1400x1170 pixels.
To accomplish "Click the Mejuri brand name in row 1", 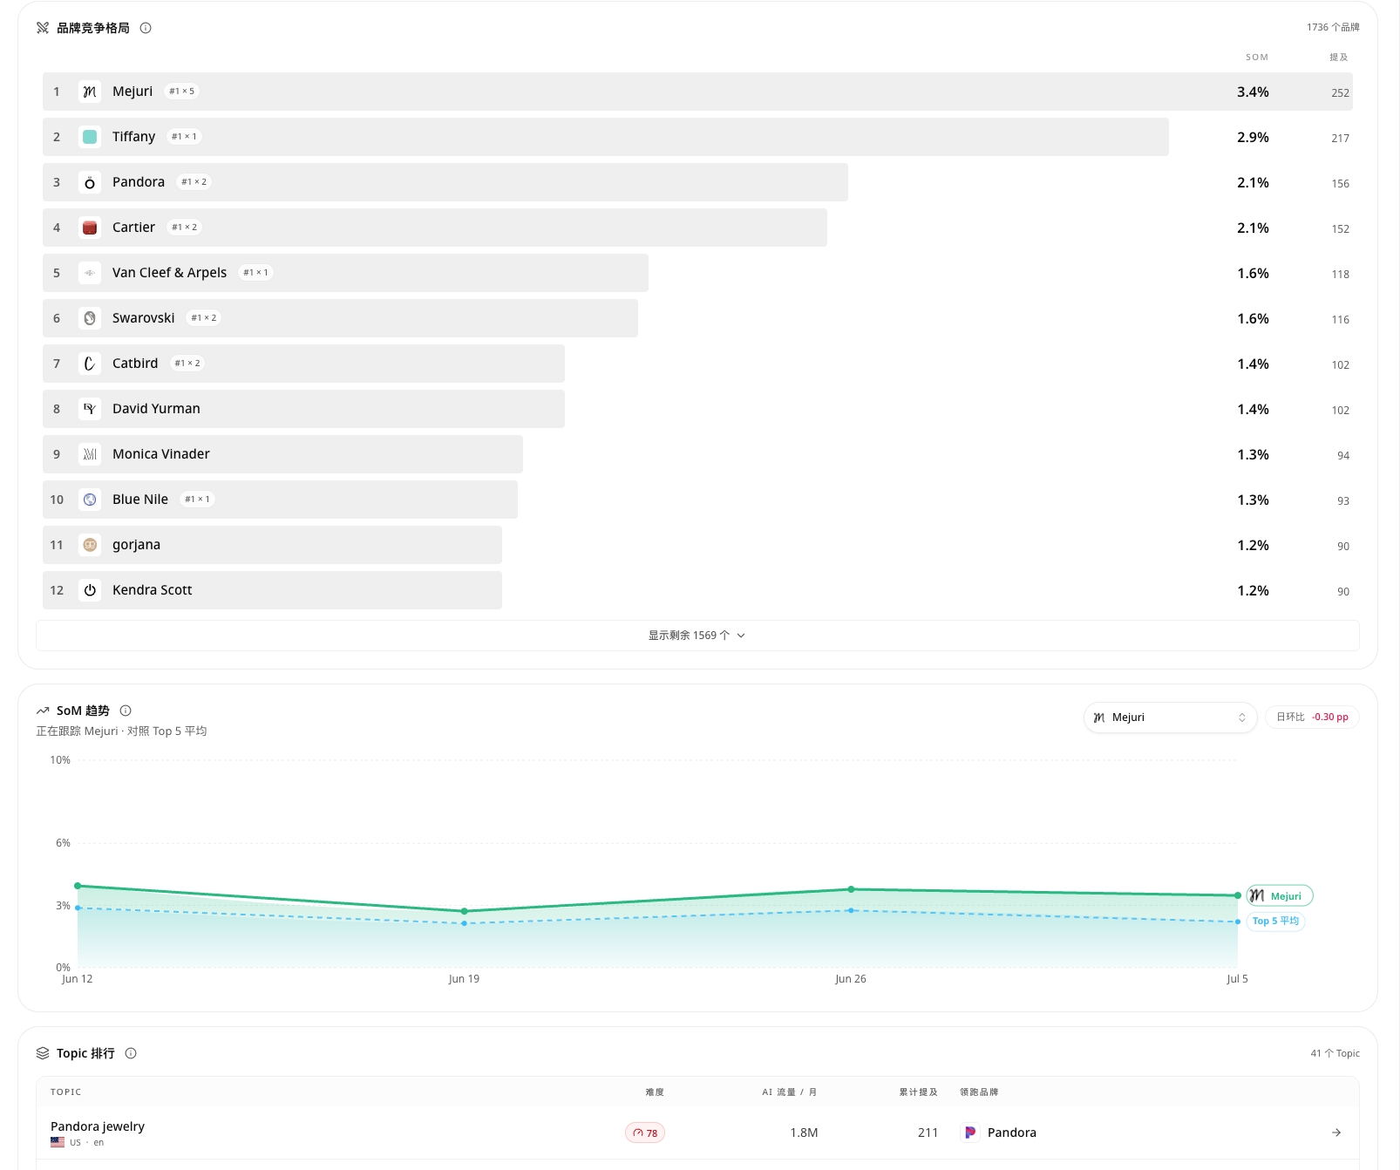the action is pos(133,92).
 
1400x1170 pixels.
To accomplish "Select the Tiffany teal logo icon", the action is pos(90,137).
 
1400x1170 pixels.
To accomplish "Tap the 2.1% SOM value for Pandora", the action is pos(1253,182).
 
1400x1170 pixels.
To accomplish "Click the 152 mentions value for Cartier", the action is pos(1340,229).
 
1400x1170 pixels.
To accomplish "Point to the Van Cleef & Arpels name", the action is pos(169,273).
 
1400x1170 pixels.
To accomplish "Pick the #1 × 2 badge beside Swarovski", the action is pos(204,318).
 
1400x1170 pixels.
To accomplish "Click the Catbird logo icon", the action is pos(90,364).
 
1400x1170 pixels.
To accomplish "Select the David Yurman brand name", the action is pos(156,409).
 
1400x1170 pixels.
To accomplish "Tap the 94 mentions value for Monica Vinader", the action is pos(1343,456).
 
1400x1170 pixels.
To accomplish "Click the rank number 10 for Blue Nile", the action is pos(57,500).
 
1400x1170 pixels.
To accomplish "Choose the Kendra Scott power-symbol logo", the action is pos(90,590).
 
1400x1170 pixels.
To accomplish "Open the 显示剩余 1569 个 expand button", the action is pos(697,636).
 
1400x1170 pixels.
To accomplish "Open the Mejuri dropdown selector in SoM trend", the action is pos(1170,718).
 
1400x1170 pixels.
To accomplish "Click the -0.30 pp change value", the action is pos(1330,718).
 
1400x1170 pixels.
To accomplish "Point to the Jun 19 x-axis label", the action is pos(464,979).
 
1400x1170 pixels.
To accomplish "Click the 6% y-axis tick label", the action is pos(63,843).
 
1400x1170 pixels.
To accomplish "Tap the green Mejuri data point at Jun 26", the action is pos(852,889).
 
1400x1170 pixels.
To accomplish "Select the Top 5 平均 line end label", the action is pos(1275,922).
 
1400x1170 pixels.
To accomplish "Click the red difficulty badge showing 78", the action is pos(645,1133).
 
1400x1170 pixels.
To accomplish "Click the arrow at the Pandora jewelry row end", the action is pos(1336,1133).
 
